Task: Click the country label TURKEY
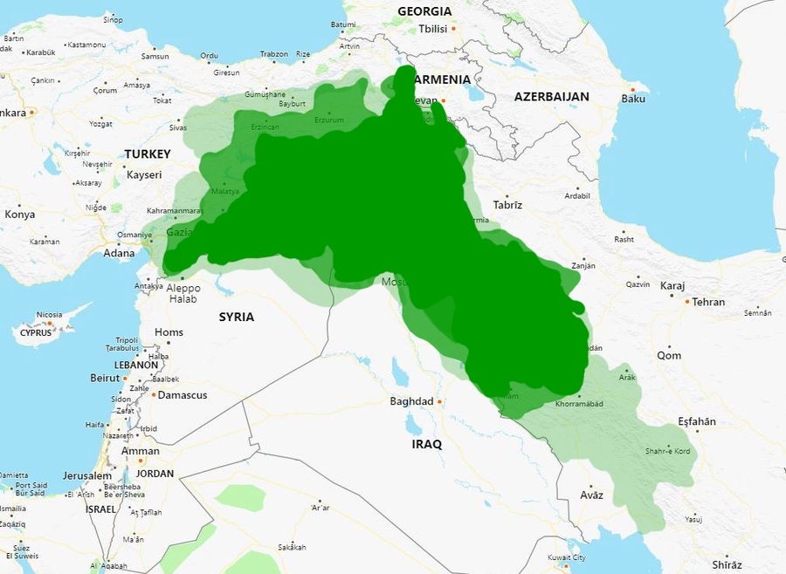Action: click(147, 154)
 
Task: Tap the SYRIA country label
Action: click(236, 317)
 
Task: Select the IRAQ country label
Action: click(426, 444)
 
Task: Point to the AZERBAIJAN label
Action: click(551, 96)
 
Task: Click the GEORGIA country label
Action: click(424, 11)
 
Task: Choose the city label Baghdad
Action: click(410, 401)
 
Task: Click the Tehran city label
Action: click(707, 302)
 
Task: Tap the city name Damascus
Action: click(183, 395)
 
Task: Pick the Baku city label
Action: click(633, 99)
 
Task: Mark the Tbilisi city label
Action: click(432, 29)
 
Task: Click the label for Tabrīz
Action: click(507, 205)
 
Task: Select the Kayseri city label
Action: click(144, 174)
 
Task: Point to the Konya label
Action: click(20, 215)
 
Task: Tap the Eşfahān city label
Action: click(696, 421)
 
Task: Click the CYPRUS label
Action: click(37, 332)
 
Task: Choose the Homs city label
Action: click(169, 332)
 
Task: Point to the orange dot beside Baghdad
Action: click(439, 401)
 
